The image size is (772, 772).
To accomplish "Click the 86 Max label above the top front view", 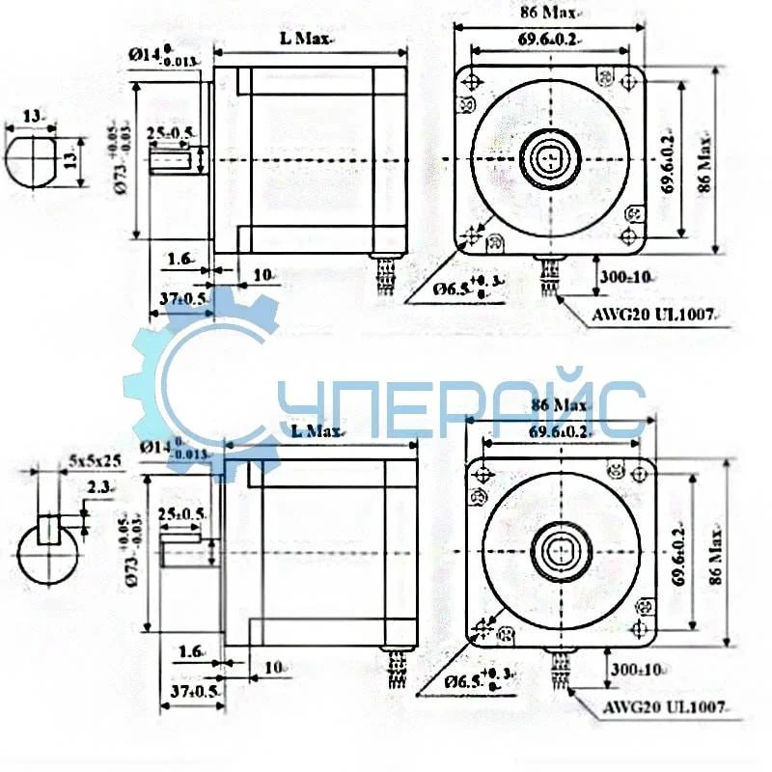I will [547, 13].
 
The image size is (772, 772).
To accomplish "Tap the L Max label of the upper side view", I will [304, 39].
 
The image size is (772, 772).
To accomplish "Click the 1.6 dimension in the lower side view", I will [190, 652].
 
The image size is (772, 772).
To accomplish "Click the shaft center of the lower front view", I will [561, 551].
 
